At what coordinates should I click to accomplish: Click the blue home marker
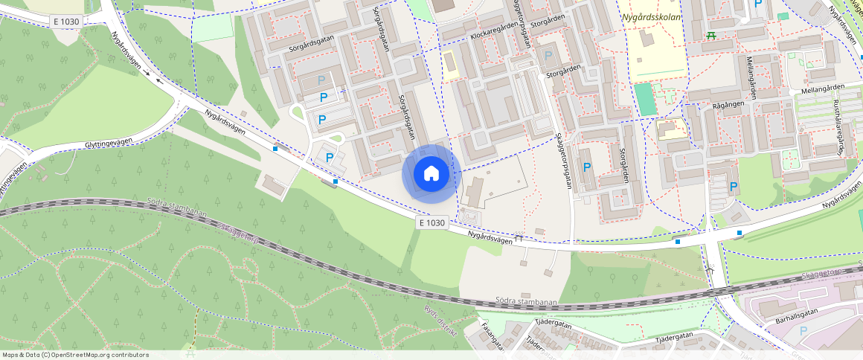pyautogui.click(x=431, y=174)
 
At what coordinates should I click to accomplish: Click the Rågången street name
pyautogui.click(x=728, y=105)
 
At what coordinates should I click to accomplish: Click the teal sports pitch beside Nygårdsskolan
pyautogui.click(x=646, y=99)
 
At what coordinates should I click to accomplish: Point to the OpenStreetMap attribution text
pyautogui.click(x=75, y=355)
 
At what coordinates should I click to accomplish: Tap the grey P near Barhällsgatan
pyautogui.click(x=802, y=331)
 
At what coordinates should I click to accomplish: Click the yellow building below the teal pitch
pyautogui.click(x=672, y=129)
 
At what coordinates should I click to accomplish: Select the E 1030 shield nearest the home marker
pyautogui.click(x=431, y=222)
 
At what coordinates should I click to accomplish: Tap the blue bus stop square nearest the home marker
pyautogui.click(x=336, y=181)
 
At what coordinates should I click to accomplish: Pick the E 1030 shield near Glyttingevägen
pyautogui.click(x=67, y=22)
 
